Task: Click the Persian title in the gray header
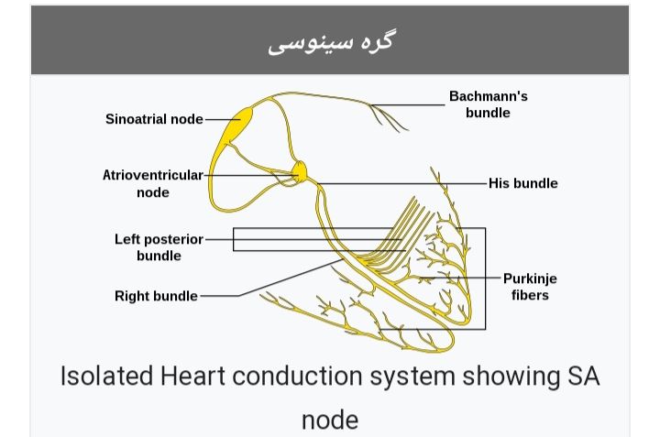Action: click(330, 42)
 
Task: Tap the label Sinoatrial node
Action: click(154, 119)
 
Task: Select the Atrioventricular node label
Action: click(153, 183)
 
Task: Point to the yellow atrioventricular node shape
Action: click(300, 172)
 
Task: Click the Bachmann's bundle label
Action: click(489, 104)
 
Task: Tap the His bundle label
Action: click(522, 183)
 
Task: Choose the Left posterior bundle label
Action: click(159, 247)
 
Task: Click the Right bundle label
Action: click(156, 296)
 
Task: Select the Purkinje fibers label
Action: click(530, 287)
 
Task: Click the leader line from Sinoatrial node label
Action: click(223, 119)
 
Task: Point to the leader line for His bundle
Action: click(401, 183)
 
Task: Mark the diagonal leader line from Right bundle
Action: click(291, 278)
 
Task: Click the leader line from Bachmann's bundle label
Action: click(407, 104)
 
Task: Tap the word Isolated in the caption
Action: click(106, 376)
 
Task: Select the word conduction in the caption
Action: click(297, 376)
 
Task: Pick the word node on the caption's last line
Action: click(330, 420)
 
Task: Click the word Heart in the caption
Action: click(192, 376)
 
